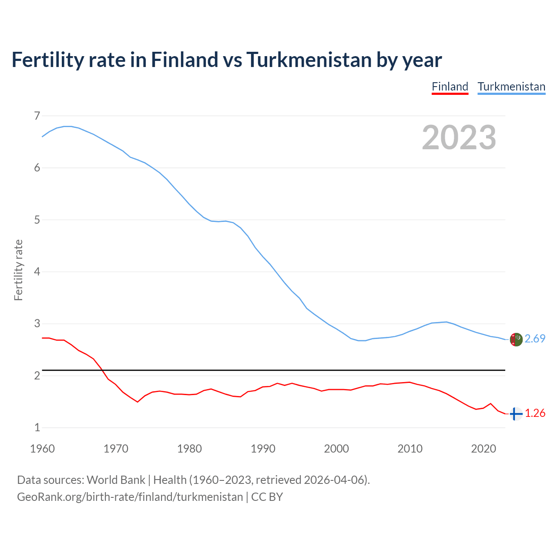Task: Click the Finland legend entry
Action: (450, 87)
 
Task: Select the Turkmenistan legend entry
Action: (511, 87)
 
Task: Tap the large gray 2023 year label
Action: (459, 138)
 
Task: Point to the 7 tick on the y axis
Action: (37, 116)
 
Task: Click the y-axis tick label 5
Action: (37, 220)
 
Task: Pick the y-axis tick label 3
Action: (37, 324)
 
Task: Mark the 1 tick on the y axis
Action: (37, 427)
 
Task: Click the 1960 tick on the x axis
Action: (42, 449)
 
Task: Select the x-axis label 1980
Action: (189, 449)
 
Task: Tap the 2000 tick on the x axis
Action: (336, 449)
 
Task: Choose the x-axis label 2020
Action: (483, 449)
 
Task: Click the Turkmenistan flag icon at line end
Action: (516, 339)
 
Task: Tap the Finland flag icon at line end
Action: (516, 414)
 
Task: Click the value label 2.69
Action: (535, 339)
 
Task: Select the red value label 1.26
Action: (535, 413)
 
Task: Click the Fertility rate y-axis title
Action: (18, 270)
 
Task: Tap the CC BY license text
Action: (267, 497)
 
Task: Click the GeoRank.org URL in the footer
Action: (130, 497)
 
